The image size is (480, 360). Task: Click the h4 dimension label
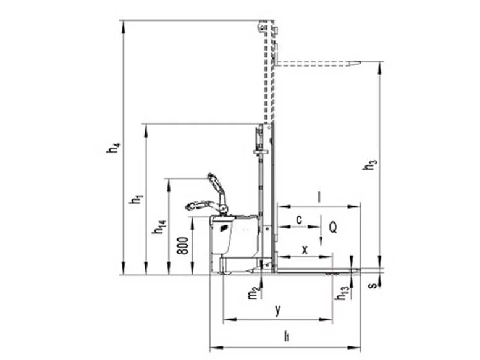114,148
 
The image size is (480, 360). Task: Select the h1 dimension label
137,199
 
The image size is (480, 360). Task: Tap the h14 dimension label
159,227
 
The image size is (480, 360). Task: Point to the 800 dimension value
183,246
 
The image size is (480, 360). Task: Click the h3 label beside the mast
369,164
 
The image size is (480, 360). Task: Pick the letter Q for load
333,227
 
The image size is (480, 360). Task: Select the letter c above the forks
299,219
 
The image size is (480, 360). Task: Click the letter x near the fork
305,250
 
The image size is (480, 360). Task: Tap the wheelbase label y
277,310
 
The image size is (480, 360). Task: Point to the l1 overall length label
287,336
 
